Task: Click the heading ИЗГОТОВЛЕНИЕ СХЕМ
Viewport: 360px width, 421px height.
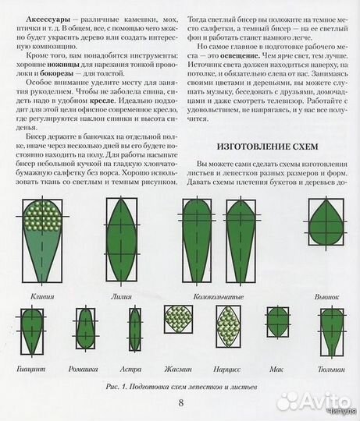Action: pyautogui.click(x=269, y=147)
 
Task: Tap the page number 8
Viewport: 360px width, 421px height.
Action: pyautogui.click(x=180, y=402)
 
